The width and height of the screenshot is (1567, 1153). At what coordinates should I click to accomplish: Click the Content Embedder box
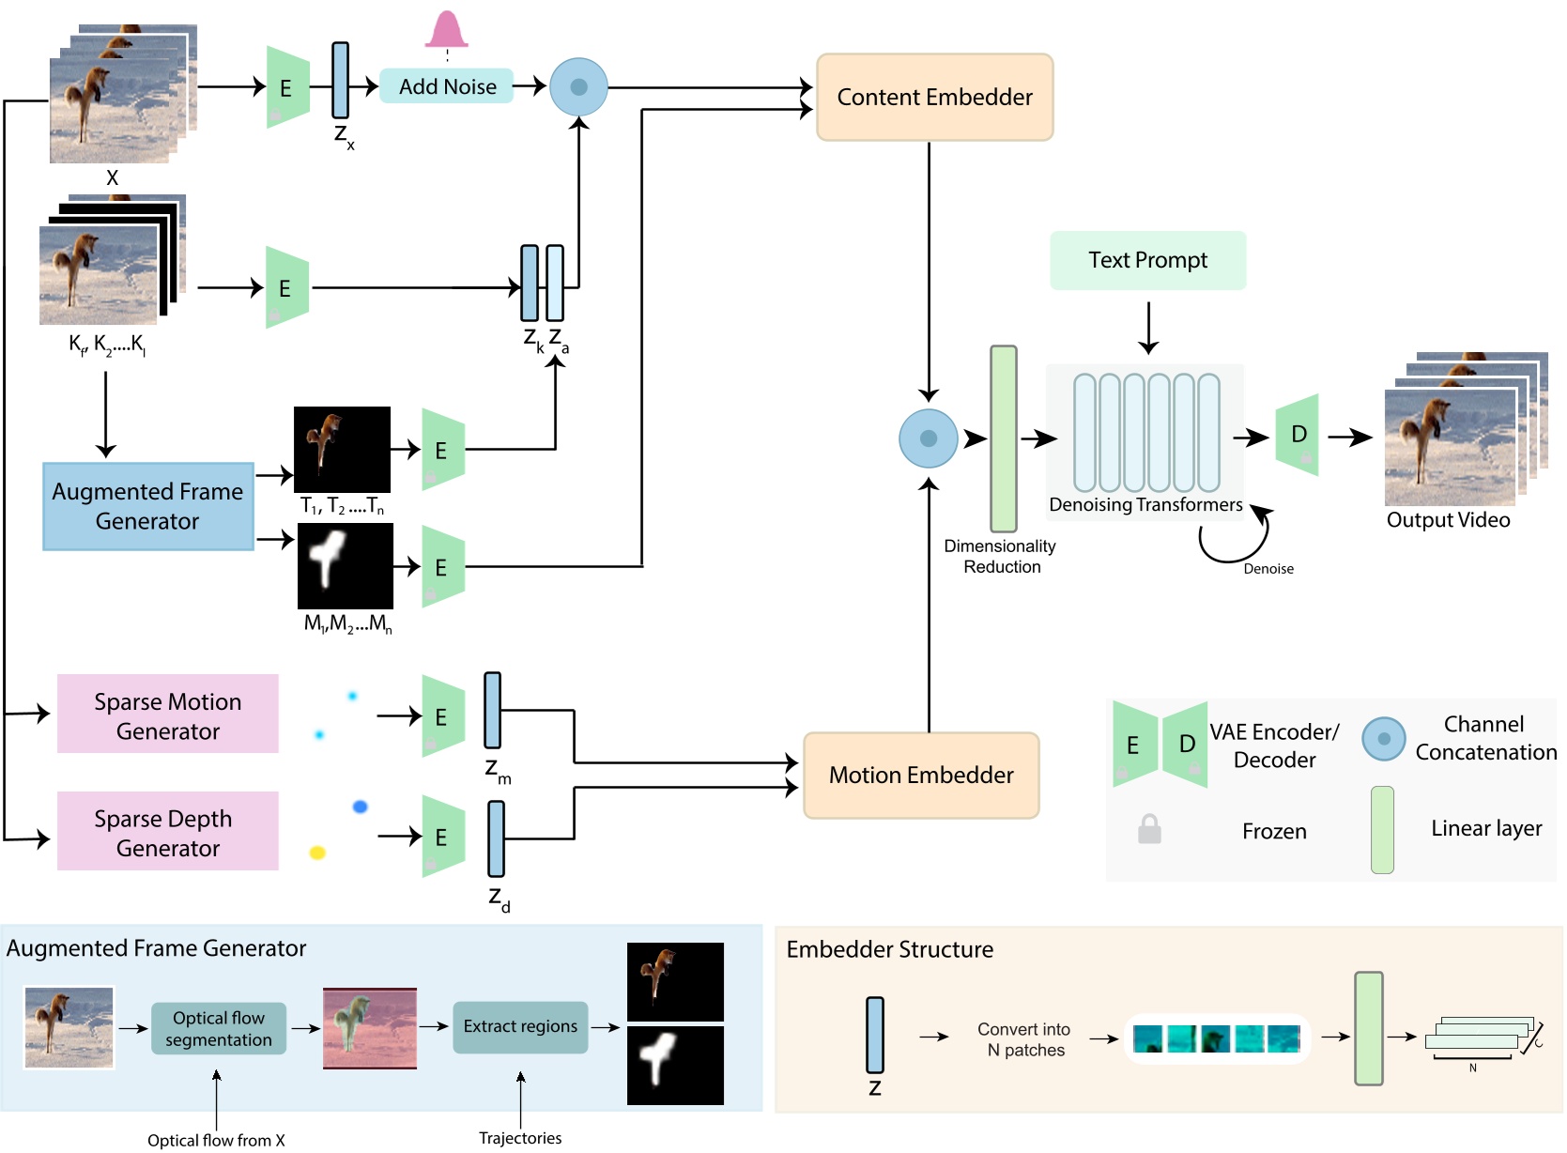click(x=934, y=98)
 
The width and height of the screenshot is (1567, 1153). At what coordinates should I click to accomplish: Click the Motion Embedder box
click(x=921, y=776)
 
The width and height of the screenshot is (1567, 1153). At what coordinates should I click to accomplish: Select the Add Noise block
click(x=447, y=86)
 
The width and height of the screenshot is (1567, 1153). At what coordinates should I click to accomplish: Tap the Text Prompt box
click(x=1147, y=260)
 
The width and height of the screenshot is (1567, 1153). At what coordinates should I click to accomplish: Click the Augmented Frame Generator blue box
click(x=148, y=506)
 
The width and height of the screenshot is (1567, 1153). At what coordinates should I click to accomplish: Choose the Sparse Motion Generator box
click(x=168, y=715)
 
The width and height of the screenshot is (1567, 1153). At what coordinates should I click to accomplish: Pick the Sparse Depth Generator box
click(x=168, y=832)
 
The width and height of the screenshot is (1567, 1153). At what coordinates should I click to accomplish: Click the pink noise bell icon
click(x=446, y=30)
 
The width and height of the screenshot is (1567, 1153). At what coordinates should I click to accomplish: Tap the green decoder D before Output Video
click(x=1298, y=435)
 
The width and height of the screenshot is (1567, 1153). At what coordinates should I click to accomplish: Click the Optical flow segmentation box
click(x=219, y=1029)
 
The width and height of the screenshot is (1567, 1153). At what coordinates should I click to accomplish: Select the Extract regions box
click(x=520, y=1027)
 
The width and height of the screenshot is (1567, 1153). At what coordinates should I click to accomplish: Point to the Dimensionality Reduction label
click(x=1000, y=557)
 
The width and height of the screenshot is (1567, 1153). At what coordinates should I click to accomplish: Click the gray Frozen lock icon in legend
click(x=1149, y=830)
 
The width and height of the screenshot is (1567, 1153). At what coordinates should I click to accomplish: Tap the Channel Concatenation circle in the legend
click(x=1383, y=739)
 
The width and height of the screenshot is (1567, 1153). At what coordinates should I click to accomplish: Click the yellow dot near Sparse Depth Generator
click(x=317, y=853)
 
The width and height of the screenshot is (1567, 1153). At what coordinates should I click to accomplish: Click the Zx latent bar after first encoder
click(x=341, y=81)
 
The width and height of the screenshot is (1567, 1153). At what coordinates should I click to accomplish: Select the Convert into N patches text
click(x=1024, y=1039)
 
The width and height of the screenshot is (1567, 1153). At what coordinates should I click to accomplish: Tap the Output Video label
click(x=1448, y=520)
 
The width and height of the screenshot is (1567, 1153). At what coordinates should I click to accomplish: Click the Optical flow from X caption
click(x=216, y=1140)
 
